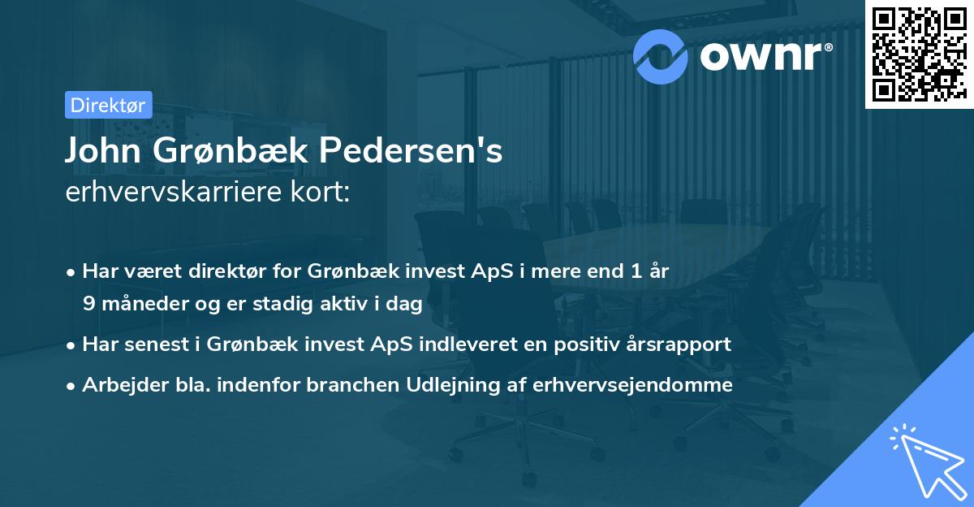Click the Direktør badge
107,105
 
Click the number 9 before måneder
88,304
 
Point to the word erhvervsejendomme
633,384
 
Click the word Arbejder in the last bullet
119,384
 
